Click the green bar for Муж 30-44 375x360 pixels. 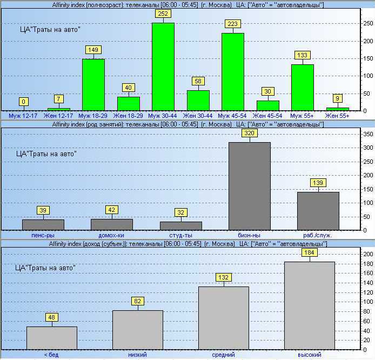click(x=163, y=66)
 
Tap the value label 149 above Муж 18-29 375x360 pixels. click(x=93, y=50)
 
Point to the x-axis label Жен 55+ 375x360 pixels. click(x=338, y=115)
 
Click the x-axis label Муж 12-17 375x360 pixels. click(x=23, y=115)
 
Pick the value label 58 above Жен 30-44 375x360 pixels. click(x=198, y=81)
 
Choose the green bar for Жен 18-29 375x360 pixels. click(x=128, y=103)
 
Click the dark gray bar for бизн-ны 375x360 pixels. click(x=250, y=186)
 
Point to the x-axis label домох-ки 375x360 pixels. click(x=112, y=235)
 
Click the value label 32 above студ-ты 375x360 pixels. click(x=181, y=212)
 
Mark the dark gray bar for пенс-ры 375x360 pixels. click(x=43, y=224)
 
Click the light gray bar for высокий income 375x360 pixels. click(x=310, y=305)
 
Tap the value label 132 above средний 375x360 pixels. click(x=224, y=277)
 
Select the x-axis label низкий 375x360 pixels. click(x=137, y=355)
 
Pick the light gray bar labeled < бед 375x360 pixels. click(x=51, y=337)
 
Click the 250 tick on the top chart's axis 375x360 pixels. click(x=368, y=24)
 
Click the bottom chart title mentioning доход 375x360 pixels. click(x=188, y=244)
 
